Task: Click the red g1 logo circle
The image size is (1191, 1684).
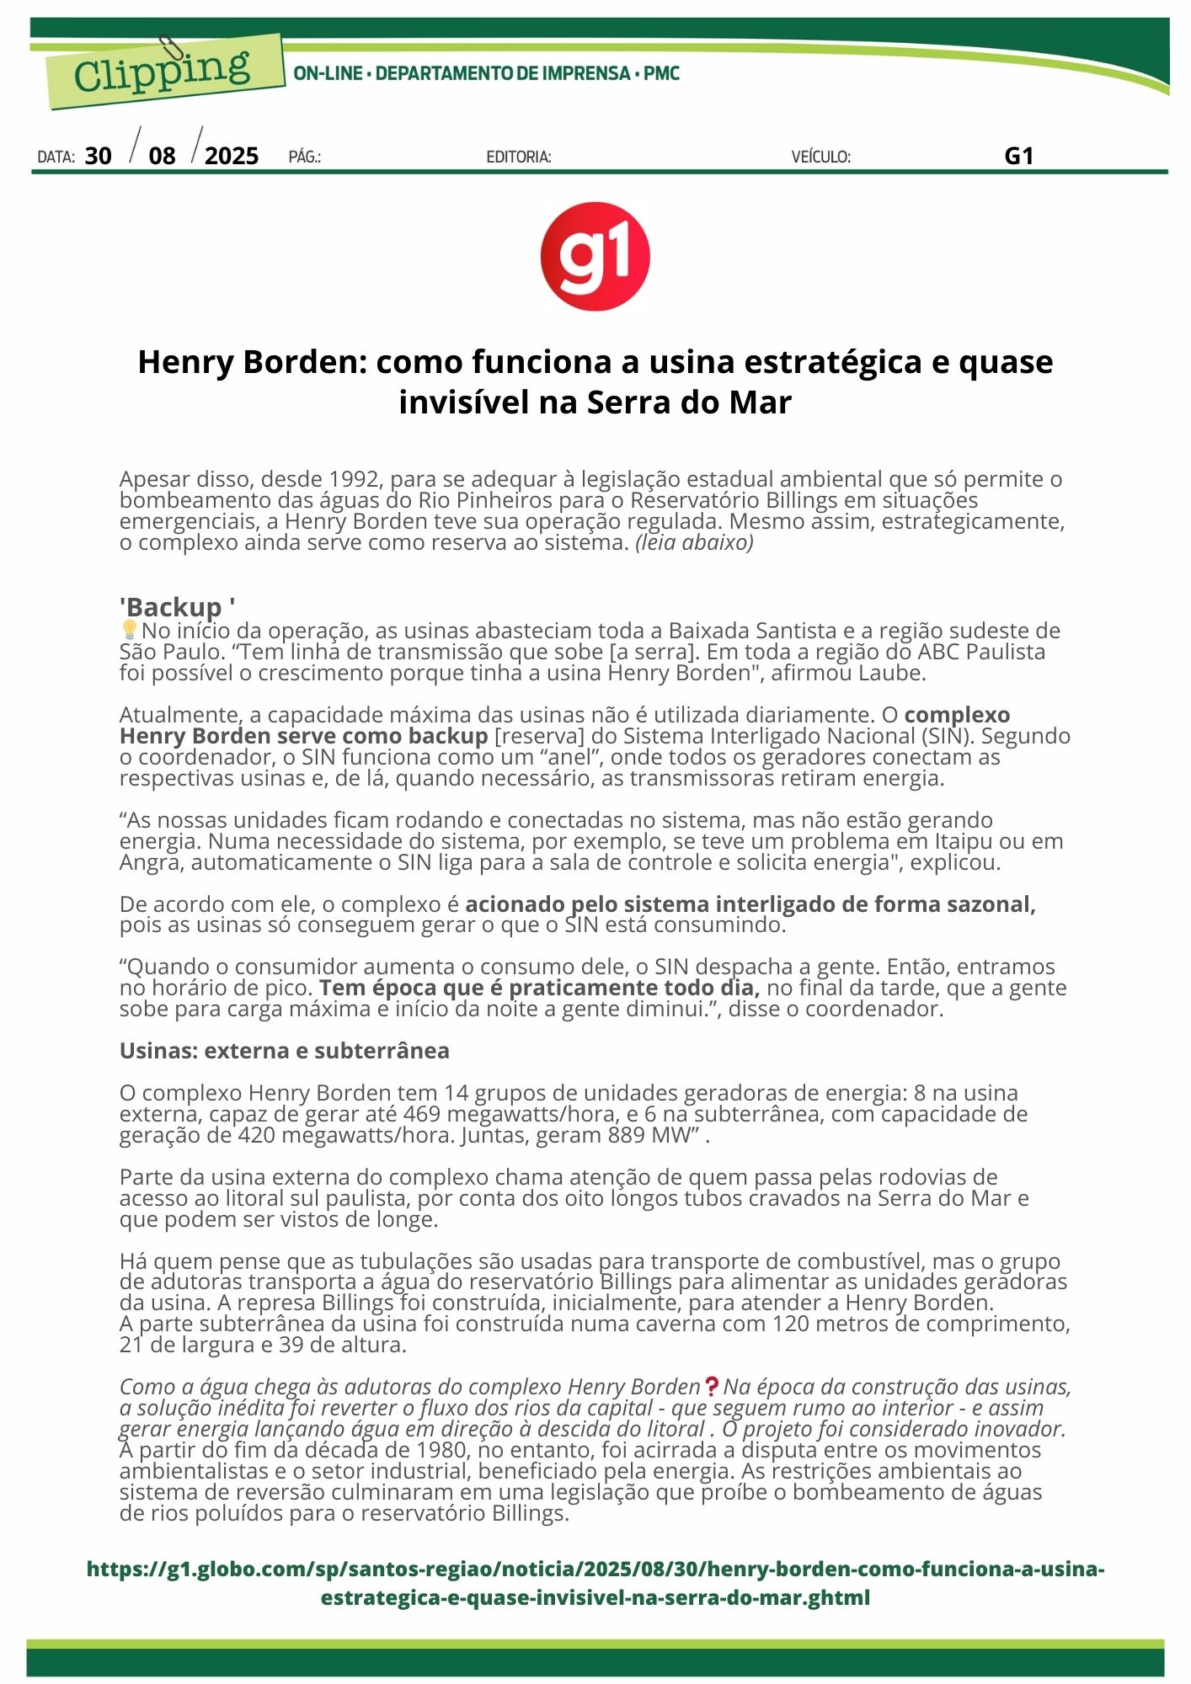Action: (595, 256)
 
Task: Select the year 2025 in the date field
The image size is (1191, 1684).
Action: (232, 156)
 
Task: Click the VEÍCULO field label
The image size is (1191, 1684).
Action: (820, 157)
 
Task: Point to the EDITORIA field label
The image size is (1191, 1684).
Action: (518, 157)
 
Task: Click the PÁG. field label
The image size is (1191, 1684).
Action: (304, 157)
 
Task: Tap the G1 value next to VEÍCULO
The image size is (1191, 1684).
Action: (1018, 156)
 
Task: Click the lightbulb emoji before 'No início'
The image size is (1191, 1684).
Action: (129, 630)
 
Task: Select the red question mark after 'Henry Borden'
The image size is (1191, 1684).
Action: (712, 1386)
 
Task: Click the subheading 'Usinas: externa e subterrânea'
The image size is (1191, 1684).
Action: (284, 1051)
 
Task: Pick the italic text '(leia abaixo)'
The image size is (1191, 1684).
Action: (694, 542)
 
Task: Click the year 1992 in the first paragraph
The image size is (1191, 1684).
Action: (354, 479)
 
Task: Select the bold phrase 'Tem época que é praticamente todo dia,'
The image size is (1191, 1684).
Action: (539, 988)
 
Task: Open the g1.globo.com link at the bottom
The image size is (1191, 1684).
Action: (595, 1583)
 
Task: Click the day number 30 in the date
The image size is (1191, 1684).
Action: (98, 156)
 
